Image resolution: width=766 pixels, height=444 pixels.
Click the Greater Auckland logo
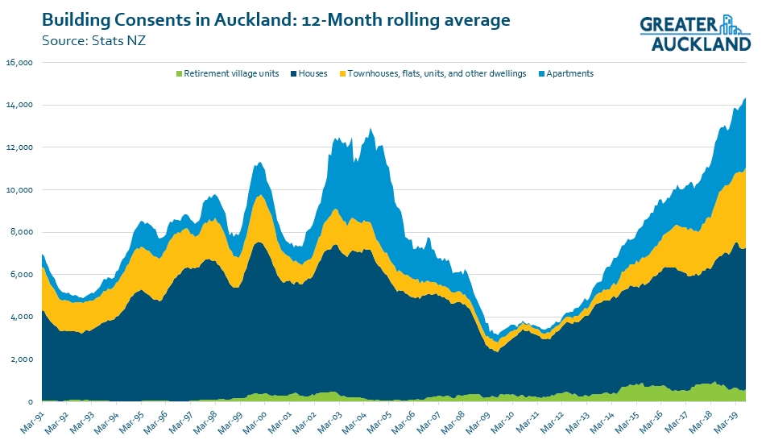[x=695, y=33]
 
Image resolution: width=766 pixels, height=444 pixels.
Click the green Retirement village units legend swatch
[x=179, y=74]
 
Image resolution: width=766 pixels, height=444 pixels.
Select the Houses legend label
[x=313, y=73]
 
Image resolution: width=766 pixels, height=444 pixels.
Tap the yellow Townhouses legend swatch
[x=342, y=74]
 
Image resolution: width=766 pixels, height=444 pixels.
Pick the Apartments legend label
[x=569, y=73]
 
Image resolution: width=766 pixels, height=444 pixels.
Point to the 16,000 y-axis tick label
[x=19, y=63]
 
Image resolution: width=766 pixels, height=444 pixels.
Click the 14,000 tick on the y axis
[x=19, y=105]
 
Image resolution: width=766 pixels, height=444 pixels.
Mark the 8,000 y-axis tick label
[x=22, y=232]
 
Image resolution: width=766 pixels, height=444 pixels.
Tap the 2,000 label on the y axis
[x=22, y=359]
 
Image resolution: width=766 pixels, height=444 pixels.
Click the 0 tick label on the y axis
[x=31, y=401]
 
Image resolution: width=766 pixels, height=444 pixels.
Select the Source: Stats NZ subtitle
[x=93, y=40]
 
